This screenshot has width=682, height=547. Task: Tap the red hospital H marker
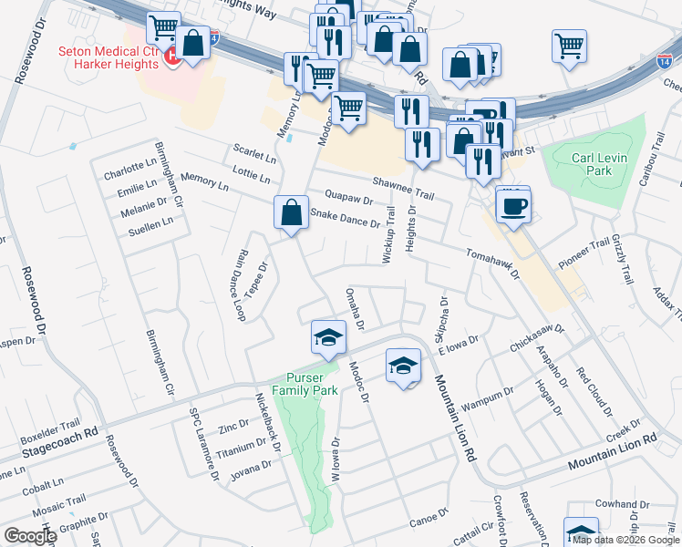(171, 57)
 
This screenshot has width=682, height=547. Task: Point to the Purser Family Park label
(312, 384)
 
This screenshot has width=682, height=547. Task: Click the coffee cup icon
(514, 205)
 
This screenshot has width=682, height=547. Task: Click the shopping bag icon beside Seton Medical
(193, 44)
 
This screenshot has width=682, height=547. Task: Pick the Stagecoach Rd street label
(60, 442)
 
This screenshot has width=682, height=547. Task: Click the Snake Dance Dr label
(345, 218)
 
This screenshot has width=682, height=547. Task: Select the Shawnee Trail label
(402, 187)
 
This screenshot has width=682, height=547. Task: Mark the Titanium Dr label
(241, 447)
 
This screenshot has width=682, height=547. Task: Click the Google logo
(29, 536)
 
